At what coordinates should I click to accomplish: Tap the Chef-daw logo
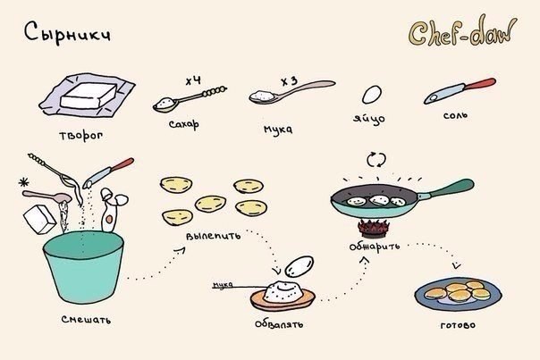463,31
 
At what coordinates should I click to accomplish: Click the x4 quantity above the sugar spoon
193,81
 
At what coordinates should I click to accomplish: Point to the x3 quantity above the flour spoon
289,81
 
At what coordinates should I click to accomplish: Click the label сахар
184,124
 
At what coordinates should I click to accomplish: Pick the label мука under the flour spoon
278,130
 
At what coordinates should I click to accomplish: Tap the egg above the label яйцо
372,95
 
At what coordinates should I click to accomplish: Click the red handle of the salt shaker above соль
481,84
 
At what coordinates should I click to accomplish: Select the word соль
455,115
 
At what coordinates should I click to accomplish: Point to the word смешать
86,320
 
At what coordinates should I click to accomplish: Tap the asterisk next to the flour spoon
24,182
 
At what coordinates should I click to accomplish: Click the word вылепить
213,237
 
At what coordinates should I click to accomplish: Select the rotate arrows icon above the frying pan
376,160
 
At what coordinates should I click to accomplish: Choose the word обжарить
375,247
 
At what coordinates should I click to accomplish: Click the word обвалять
279,324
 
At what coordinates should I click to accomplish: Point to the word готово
458,325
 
